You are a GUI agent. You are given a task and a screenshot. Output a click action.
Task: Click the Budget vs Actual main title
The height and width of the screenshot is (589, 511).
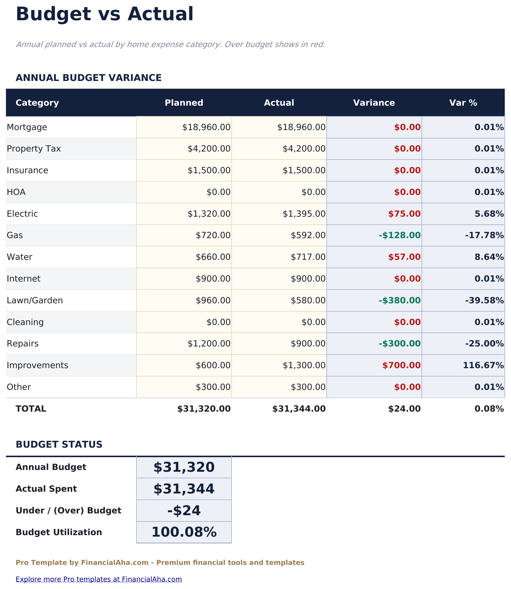(x=104, y=14)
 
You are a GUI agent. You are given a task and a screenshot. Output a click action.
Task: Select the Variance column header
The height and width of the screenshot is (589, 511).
(x=374, y=103)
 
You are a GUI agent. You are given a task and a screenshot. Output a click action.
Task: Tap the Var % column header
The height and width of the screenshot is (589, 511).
(x=463, y=103)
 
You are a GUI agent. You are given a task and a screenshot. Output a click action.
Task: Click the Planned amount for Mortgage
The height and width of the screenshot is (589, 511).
(x=206, y=127)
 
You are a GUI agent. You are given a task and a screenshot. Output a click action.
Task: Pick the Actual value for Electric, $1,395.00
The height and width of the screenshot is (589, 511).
(x=304, y=214)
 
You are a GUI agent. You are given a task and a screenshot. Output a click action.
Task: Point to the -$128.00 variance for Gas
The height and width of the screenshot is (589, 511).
(x=400, y=235)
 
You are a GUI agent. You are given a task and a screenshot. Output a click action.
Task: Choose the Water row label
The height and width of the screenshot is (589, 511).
(x=20, y=257)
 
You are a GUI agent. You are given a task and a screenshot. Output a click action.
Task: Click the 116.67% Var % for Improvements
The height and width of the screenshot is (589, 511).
(x=483, y=365)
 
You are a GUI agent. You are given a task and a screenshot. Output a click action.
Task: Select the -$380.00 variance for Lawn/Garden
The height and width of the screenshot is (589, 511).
(x=400, y=300)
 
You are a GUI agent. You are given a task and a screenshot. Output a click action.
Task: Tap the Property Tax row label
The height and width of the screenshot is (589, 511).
(x=34, y=149)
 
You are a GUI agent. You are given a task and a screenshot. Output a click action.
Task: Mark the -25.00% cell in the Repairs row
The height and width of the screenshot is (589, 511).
(x=484, y=344)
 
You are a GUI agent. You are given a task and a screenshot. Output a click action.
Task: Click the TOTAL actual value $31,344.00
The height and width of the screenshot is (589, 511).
(x=299, y=409)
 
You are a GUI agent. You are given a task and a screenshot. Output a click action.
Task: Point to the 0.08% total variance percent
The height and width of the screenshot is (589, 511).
(x=489, y=409)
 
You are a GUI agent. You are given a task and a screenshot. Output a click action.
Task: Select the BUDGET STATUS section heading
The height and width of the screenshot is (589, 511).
(x=59, y=444)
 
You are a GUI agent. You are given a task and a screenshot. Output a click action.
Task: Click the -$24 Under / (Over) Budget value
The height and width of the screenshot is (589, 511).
(x=184, y=511)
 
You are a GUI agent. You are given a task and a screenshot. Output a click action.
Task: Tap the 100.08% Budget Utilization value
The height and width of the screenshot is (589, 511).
(x=184, y=532)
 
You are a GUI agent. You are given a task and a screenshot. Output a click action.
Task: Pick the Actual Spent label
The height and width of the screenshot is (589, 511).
(x=46, y=489)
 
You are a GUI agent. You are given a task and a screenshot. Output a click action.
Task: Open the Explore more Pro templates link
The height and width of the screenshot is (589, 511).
(x=99, y=579)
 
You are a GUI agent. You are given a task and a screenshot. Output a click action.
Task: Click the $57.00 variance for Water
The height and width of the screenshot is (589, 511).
(x=404, y=257)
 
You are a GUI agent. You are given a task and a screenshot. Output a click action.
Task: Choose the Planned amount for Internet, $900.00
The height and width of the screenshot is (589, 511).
(x=213, y=279)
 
